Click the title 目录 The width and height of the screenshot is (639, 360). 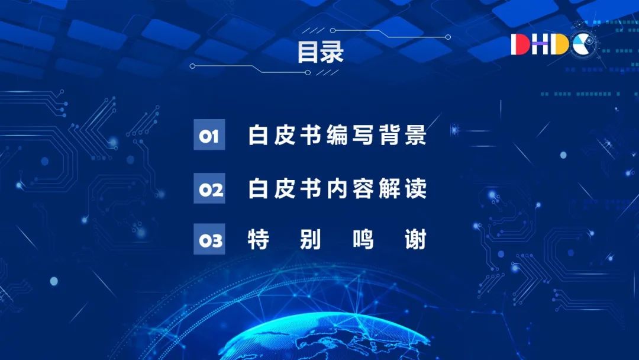(320, 52)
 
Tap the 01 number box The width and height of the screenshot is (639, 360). (209, 134)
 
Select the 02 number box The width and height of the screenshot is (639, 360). (209, 188)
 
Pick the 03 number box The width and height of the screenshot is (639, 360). (209, 239)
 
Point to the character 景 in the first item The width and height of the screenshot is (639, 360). (416, 135)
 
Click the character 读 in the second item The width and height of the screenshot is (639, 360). (416, 188)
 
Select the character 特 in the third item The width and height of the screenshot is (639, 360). (259, 239)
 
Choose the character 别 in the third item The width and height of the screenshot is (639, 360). (311, 239)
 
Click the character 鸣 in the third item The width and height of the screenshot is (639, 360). (363, 239)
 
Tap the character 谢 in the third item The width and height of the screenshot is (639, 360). (416, 239)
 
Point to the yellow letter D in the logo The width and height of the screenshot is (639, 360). (560, 44)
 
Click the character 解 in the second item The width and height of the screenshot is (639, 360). (389, 188)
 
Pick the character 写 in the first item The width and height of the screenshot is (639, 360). (363, 135)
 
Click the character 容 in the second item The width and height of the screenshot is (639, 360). (363, 188)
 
